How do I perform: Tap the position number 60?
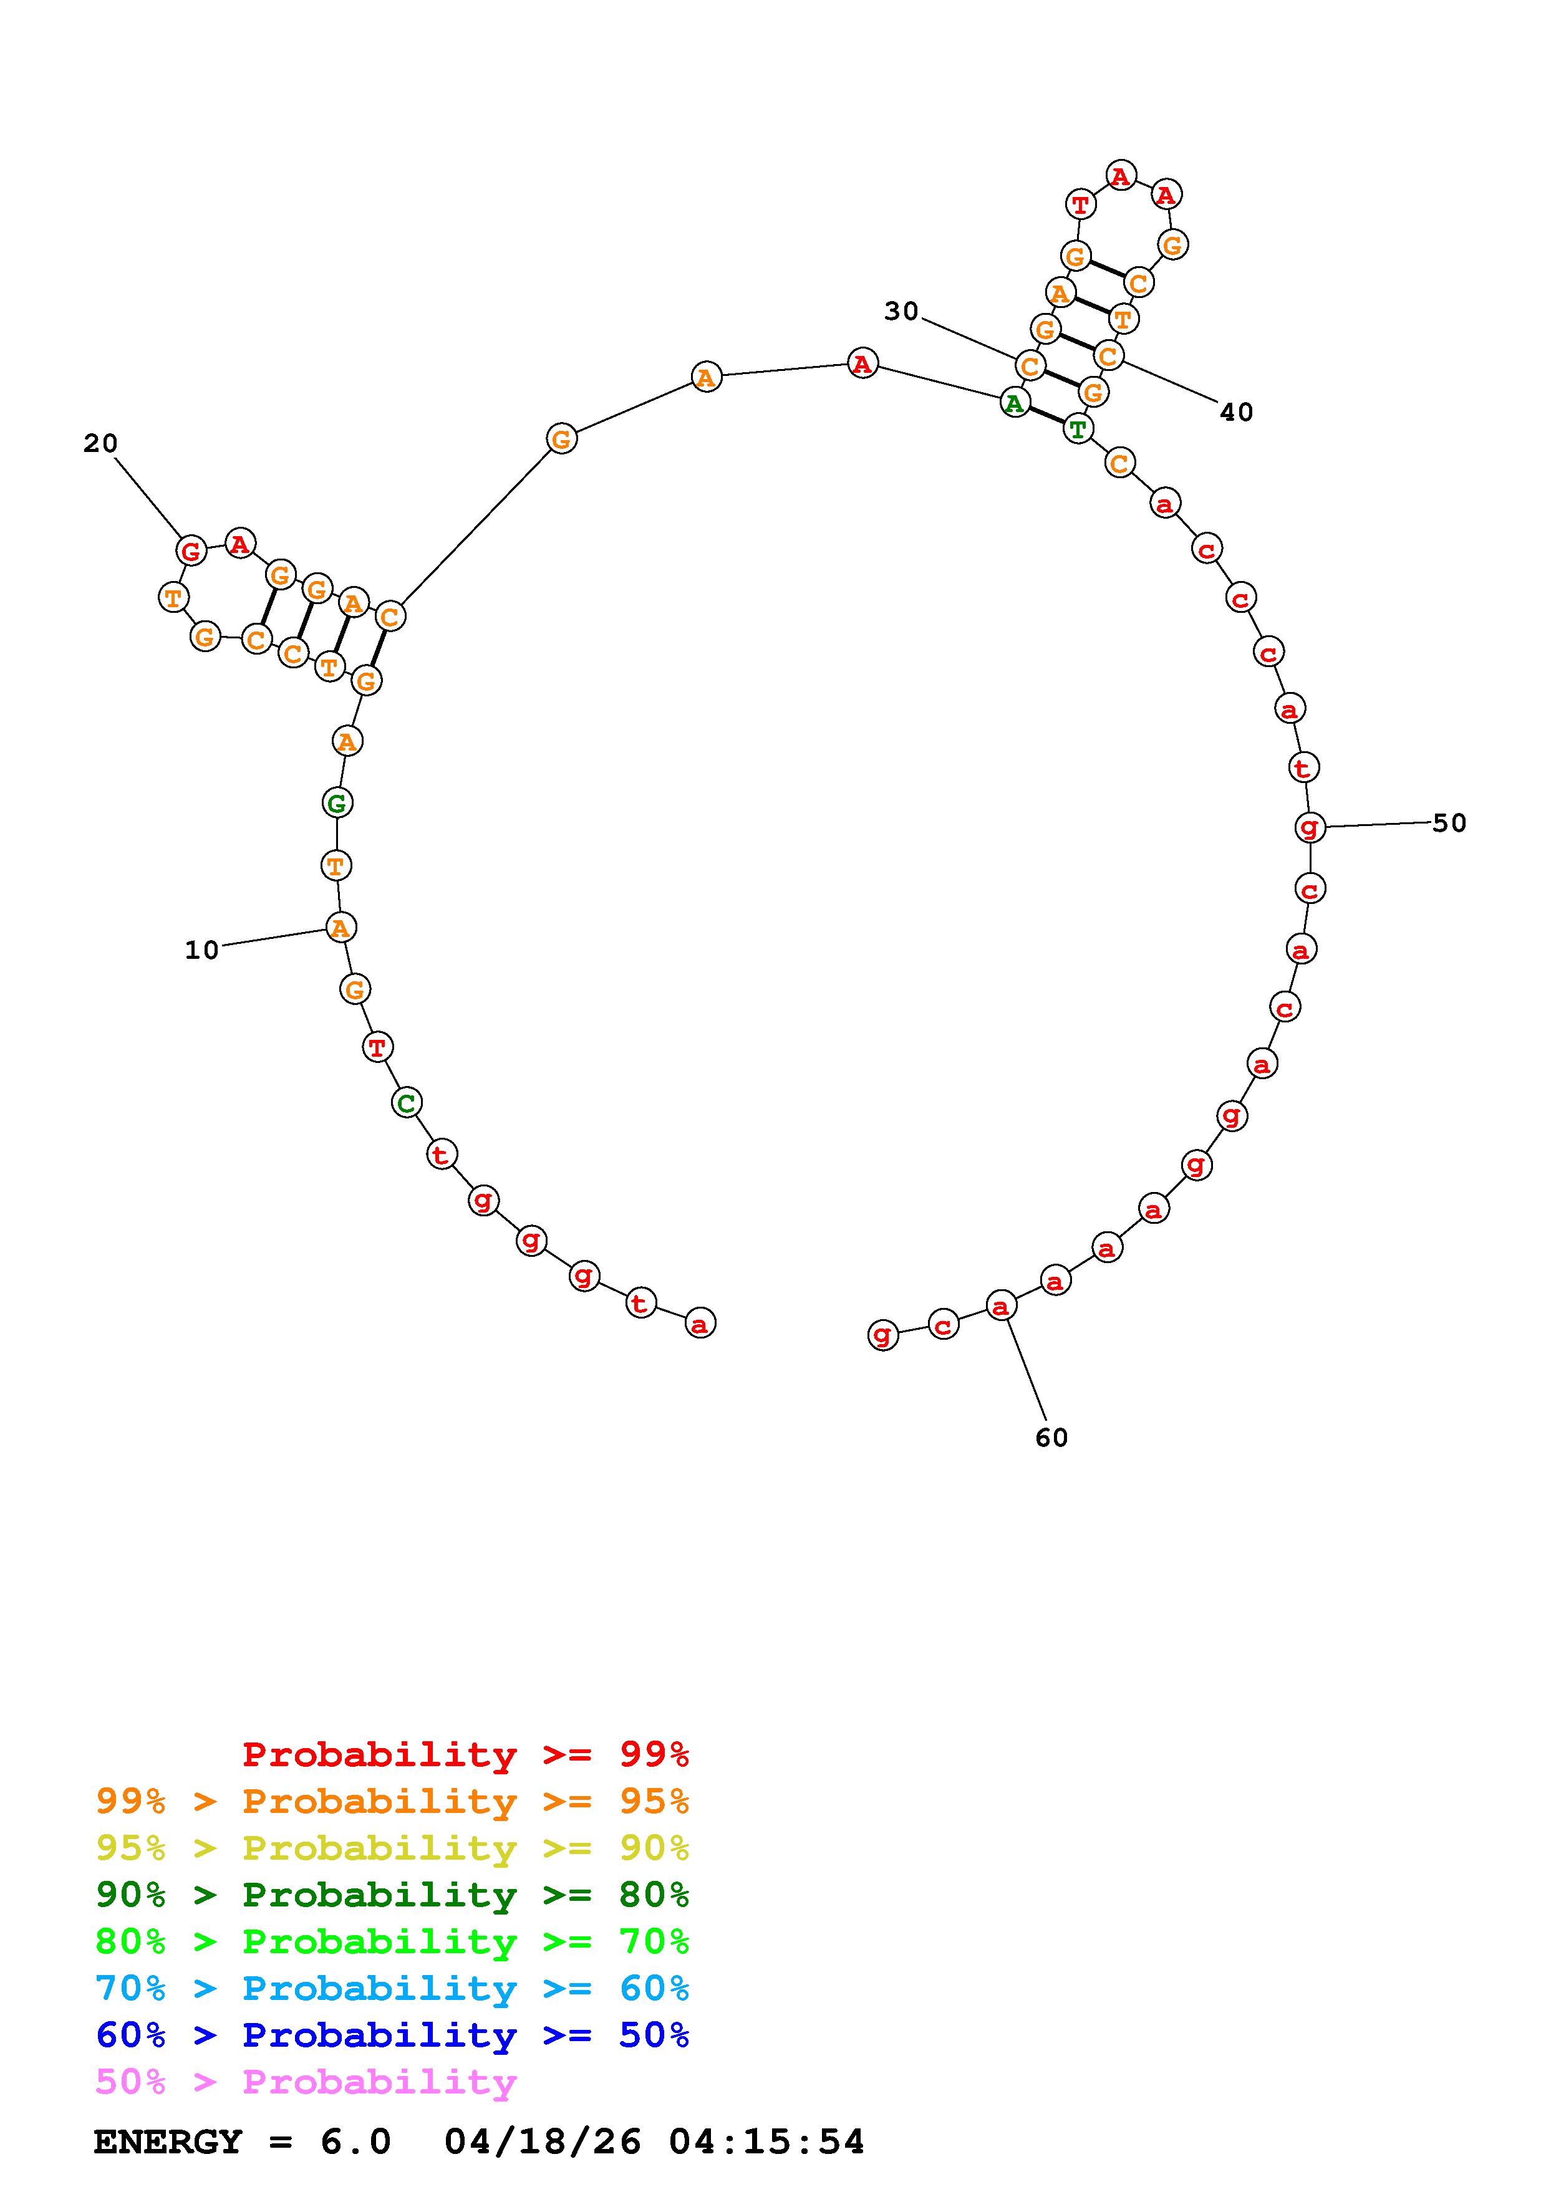1051,1438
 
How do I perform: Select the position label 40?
1237,413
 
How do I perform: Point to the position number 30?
901,312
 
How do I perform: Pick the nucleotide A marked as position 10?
340,927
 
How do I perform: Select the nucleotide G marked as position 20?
191,550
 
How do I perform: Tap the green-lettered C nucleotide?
407,1103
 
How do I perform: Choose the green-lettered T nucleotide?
1078,430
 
